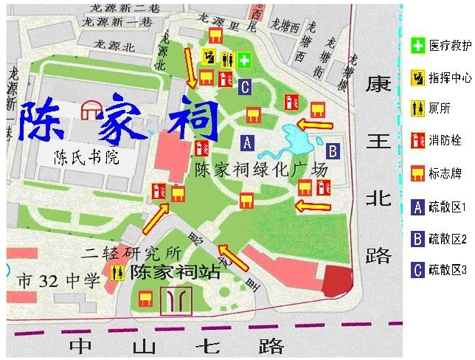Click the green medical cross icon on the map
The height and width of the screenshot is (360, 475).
(245, 59)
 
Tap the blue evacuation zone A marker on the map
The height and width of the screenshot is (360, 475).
(247, 142)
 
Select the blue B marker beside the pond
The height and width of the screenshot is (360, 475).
(333, 152)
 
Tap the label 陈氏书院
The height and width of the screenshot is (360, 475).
(86, 158)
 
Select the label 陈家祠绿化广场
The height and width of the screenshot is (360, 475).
(260, 170)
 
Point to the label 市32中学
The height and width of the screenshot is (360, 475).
(58, 280)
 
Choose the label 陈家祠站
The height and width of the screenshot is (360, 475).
(175, 271)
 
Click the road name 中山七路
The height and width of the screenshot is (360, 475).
(177, 345)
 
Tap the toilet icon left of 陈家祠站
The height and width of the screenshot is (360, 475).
(116, 271)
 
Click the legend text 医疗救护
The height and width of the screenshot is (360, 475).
(450, 46)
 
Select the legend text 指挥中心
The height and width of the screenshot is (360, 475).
(450, 77)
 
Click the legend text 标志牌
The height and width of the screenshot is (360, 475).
(445, 174)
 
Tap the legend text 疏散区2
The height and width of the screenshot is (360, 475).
(448, 238)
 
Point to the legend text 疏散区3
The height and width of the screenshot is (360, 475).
(448, 270)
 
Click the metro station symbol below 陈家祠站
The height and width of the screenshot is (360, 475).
(179, 299)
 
